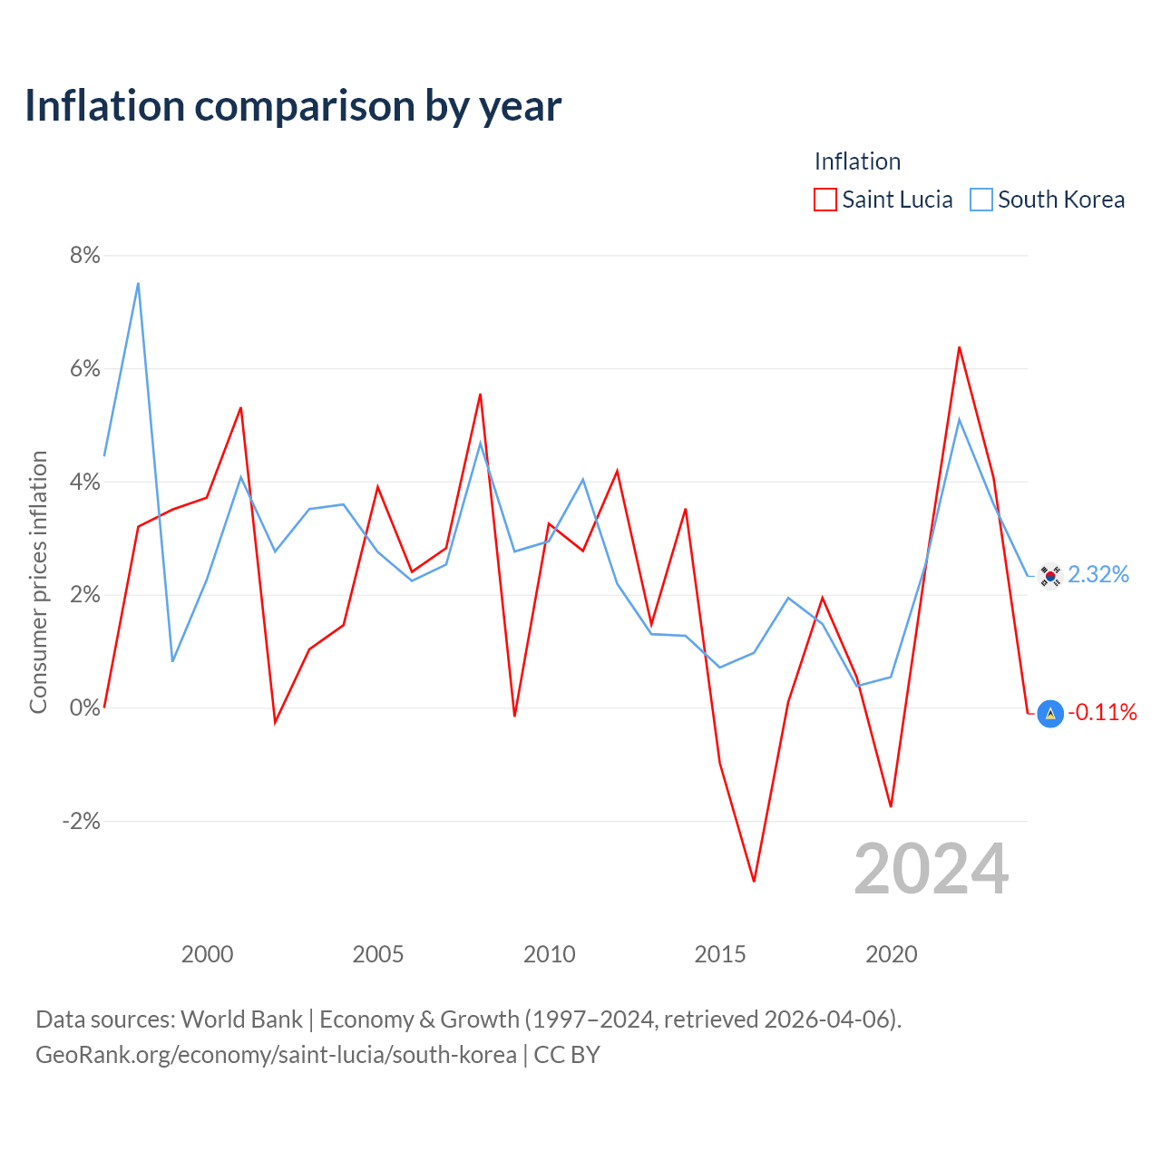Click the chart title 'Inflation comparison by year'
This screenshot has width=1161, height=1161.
coord(293,107)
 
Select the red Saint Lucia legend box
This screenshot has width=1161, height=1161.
coord(824,200)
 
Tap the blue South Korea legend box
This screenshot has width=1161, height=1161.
coord(981,200)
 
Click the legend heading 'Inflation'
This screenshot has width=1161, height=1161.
coord(857,161)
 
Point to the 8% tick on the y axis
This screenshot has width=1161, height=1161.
coord(85,256)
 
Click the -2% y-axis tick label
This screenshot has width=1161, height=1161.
coord(82,821)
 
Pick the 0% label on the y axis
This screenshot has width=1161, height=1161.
coord(85,707)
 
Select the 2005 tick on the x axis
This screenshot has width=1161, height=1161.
coord(377,954)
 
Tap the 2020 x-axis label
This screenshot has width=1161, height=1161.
coord(891,954)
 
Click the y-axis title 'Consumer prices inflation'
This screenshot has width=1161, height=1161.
coord(39,582)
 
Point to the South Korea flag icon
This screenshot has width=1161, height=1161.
coord(1050,576)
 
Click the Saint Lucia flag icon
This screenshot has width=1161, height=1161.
coord(1050,714)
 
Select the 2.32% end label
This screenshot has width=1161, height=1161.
coord(1098,575)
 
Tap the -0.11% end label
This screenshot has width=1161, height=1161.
coord(1102,713)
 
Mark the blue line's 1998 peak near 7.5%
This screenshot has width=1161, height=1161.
coord(139,283)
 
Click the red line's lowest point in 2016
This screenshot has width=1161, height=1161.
coord(754,882)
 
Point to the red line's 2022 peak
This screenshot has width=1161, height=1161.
coord(959,347)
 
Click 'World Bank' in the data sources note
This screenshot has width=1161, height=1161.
coord(241,1020)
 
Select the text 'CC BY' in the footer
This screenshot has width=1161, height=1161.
coord(566,1055)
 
